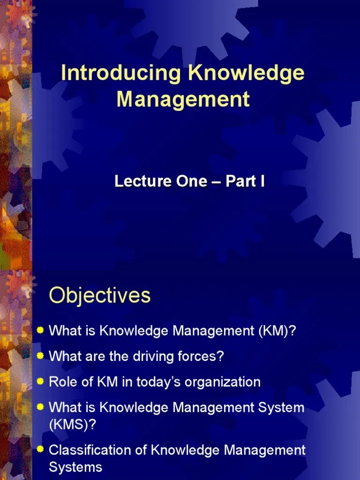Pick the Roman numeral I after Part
coord(262,181)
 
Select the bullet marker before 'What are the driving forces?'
coord(41,356)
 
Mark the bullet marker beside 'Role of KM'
coord(41,381)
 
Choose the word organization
coord(222,382)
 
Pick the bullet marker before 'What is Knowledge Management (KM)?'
coord(41,330)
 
